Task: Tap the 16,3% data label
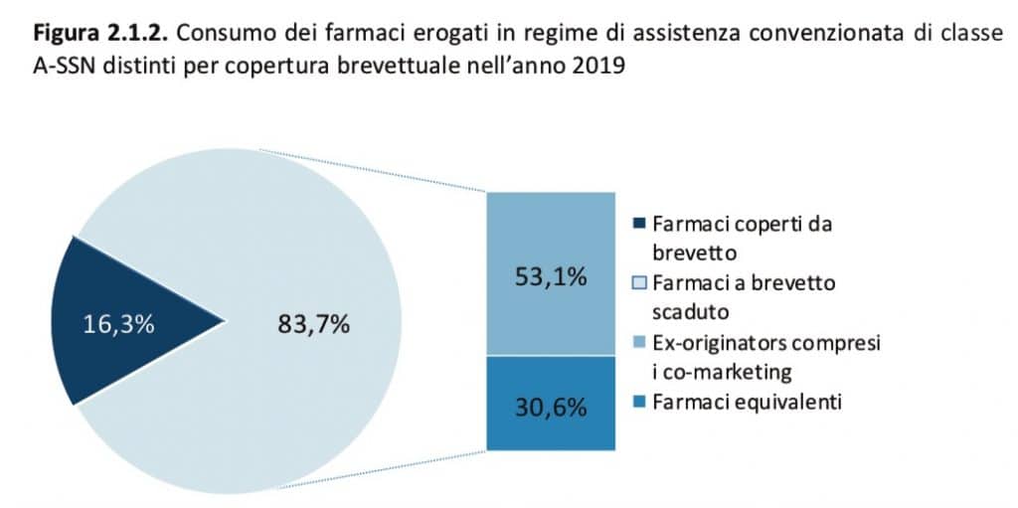point(119,325)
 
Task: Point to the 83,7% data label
point(313,325)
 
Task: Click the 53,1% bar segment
point(551,273)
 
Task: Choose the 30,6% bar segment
point(551,403)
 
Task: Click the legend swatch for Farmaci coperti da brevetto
point(639,225)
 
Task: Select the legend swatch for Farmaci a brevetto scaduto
point(639,283)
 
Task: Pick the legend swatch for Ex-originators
point(639,342)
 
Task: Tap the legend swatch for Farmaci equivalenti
point(639,402)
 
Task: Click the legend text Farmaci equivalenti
point(748,403)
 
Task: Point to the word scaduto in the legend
point(691,312)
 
